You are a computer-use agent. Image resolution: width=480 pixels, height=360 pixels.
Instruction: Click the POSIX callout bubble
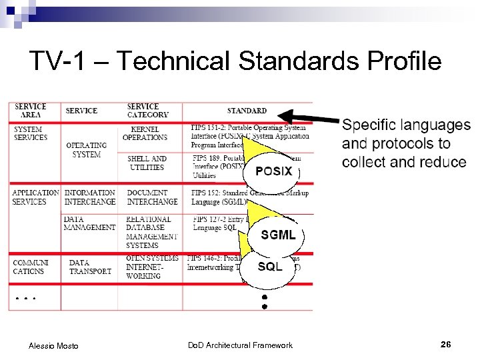coord(273,171)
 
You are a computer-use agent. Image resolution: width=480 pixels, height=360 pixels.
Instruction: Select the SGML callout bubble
coord(278,235)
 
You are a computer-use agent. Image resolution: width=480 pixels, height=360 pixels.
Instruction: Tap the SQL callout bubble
coord(271,267)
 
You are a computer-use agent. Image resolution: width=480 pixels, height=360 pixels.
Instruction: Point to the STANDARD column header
coord(247,111)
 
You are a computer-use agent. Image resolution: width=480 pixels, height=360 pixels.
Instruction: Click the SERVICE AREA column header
coord(31,111)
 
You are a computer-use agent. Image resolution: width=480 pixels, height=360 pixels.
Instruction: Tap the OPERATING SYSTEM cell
coord(87,150)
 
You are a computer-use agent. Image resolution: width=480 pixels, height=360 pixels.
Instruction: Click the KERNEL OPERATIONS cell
coord(145,133)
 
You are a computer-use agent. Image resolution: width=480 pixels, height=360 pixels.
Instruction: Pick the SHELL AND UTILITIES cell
coord(147,163)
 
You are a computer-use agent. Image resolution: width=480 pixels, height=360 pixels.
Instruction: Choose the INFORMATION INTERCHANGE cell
coord(89,197)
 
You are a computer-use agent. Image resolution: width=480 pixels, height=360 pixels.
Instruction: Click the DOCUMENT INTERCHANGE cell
coord(152,197)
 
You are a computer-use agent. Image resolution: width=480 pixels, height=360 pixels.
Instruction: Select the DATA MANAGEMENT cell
coord(89,223)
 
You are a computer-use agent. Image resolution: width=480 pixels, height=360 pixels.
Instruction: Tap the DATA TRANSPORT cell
coord(90,267)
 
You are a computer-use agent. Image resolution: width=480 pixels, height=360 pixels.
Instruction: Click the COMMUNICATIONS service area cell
coord(31,267)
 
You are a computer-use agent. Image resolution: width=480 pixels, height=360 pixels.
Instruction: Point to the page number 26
coord(446,345)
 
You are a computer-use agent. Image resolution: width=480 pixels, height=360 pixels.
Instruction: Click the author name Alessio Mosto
coord(53,345)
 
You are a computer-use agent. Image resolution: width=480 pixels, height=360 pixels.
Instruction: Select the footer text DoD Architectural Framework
coord(240,345)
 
